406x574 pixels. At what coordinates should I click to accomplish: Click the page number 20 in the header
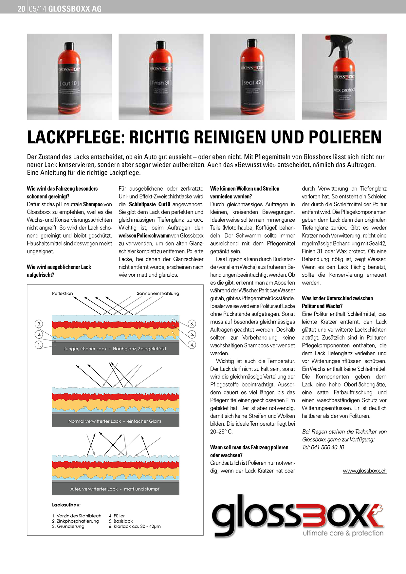coord(21,9)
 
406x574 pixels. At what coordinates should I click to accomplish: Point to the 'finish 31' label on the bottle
coord(160,83)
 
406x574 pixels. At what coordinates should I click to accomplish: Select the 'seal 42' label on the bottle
coord(252,82)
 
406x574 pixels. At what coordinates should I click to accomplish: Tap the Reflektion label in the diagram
coord(63,293)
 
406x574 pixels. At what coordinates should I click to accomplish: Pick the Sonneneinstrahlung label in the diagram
coord(158,293)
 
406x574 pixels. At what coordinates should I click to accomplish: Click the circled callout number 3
coord(39,324)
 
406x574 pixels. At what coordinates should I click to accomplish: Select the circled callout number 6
coord(192,324)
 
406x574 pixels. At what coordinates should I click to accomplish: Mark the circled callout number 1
coord(39,345)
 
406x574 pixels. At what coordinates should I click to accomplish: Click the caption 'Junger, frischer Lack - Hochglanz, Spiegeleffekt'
coord(115,349)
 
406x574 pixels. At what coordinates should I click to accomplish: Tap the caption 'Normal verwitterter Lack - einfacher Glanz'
coord(115,421)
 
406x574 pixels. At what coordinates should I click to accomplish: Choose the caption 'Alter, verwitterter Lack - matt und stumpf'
coord(115,489)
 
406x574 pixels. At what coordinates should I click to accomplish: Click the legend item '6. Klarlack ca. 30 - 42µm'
coord(135,527)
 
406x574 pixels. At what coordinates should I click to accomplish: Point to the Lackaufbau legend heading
coord(66,505)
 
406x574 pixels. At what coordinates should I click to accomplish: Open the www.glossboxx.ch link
coord(364,471)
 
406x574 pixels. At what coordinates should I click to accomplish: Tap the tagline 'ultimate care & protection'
coord(343,533)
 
